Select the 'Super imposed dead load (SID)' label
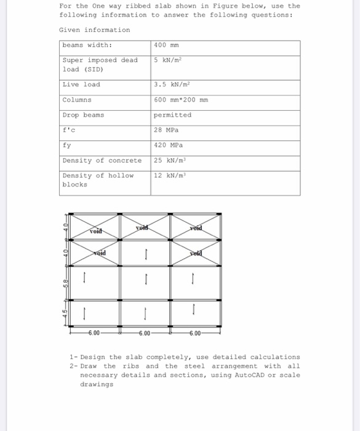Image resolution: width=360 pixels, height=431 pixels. pyautogui.click(x=100, y=64)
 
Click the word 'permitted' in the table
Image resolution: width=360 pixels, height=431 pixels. pyautogui.click(x=172, y=115)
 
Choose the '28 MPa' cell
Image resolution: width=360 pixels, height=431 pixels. pyautogui.click(x=167, y=130)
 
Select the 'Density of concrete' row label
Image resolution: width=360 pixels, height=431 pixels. pyautogui.click(x=102, y=160)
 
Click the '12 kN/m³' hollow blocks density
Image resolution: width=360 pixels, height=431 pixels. pyautogui.click(x=170, y=175)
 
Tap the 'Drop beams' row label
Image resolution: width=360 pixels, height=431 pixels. pyautogui.click(x=83, y=115)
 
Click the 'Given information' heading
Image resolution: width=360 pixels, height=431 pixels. pyautogui.click(x=94, y=30)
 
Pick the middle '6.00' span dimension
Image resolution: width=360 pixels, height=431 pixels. pyautogui.click(x=144, y=334)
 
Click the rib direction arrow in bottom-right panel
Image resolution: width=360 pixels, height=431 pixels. pyautogui.click(x=194, y=307)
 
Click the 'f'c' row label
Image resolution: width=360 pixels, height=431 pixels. pyautogui.click(x=68, y=130)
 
